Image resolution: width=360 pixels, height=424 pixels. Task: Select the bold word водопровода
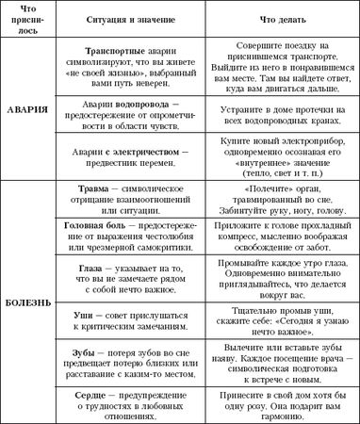coord(140,102)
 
